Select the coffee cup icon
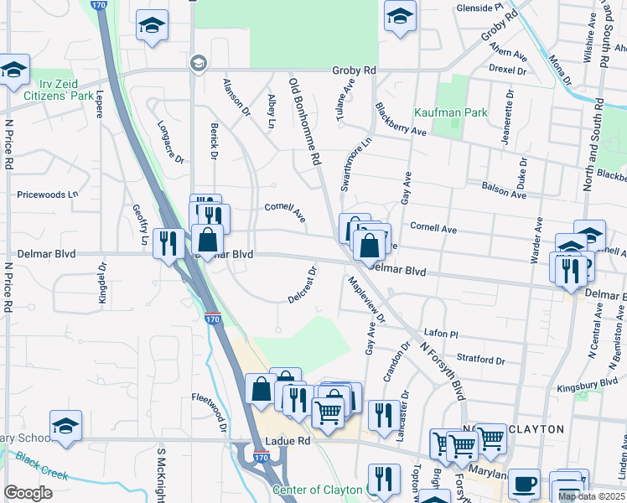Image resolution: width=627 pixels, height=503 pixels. (x=525, y=484)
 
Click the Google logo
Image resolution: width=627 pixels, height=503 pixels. (x=28, y=493)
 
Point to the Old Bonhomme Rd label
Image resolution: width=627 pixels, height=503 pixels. (x=304, y=122)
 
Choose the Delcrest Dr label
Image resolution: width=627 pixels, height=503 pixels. (x=303, y=285)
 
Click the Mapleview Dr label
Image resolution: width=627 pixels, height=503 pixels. (x=365, y=300)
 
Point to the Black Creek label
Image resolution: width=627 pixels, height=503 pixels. (x=41, y=467)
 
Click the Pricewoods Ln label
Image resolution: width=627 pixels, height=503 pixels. (x=48, y=194)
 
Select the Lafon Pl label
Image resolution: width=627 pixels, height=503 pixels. (x=441, y=334)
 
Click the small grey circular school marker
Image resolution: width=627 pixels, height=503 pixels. (x=198, y=62)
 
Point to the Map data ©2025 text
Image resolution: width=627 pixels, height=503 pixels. (x=591, y=496)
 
